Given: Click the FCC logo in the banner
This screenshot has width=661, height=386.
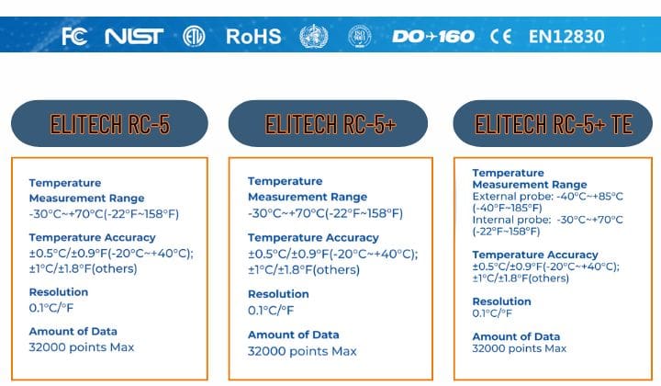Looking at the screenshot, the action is click(74, 36).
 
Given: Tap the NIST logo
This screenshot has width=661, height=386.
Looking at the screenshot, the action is click(134, 36).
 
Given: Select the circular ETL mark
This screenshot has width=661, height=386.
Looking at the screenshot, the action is click(194, 36).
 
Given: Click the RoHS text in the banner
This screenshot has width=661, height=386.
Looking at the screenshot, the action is click(253, 36).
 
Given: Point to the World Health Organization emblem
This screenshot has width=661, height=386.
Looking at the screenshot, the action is click(314, 36).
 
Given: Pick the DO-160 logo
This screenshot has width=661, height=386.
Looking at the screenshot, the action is click(433, 36).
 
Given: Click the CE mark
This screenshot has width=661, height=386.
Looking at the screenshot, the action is click(501, 36).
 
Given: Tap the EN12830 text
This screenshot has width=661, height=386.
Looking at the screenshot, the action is click(566, 36).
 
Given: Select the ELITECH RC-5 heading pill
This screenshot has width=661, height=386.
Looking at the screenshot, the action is click(109, 123).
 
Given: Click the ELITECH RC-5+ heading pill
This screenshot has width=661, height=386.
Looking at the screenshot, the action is click(328, 123).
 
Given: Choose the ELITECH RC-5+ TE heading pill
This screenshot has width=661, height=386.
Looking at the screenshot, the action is click(553, 123).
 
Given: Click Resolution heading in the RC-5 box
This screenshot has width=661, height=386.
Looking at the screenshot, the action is click(59, 292).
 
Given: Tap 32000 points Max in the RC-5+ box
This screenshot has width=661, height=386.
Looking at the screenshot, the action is click(302, 351).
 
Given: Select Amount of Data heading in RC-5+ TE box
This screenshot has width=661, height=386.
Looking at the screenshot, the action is click(516, 336).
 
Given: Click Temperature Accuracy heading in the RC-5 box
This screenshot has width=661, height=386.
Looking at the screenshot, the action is click(93, 237).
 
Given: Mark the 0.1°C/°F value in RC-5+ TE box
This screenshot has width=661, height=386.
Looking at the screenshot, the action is click(492, 313).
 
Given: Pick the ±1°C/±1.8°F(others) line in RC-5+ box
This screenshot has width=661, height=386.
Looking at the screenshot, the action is click(304, 269).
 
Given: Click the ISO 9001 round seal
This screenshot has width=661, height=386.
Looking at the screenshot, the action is click(360, 36).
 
